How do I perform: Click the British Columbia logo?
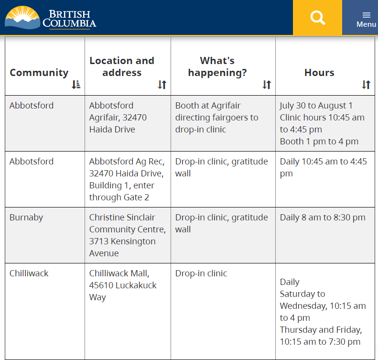[50, 18]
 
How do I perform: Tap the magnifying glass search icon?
[317, 18]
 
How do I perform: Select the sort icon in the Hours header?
[366, 85]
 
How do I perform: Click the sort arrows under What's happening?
[267, 85]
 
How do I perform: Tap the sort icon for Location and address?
[162, 85]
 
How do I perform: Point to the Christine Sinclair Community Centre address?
[128, 235]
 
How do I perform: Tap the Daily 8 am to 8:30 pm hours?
[323, 218]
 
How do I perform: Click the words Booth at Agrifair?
[208, 106]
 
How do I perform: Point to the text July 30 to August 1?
[316, 106]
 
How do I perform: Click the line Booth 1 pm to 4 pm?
[319, 142]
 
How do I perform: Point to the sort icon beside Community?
[76, 85]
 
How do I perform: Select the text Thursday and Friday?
[321, 329]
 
